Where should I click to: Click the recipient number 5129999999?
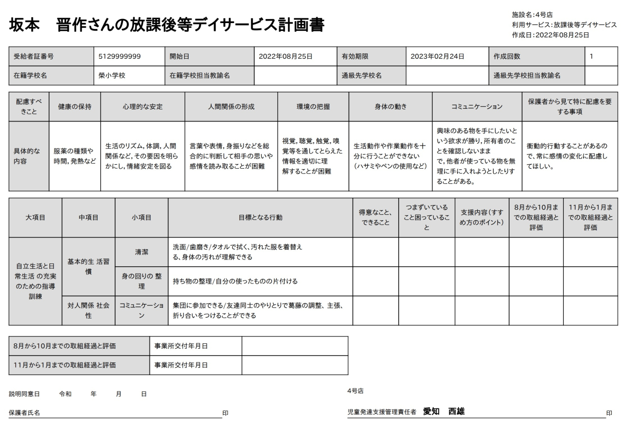(x=120, y=56)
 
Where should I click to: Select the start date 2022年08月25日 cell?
(x=286, y=56)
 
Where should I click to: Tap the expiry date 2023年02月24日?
(x=437, y=56)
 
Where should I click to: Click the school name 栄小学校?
(x=112, y=76)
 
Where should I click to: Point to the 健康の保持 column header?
(x=75, y=106)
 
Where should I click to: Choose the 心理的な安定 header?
(x=143, y=106)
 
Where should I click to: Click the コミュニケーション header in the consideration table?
(x=477, y=106)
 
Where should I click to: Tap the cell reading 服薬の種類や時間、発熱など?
(x=75, y=156)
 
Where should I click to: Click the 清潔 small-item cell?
(x=142, y=252)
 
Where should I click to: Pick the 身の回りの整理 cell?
(x=142, y=281)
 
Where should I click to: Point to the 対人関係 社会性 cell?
(x=88, y=310)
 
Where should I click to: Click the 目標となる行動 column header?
(x=260, y=218)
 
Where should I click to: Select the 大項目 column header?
(x=35, y=218)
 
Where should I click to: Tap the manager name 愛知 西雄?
(x=444, y=411)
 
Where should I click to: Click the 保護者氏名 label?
(x=24, y=413)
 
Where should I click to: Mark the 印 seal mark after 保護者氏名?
(x=225, y=413)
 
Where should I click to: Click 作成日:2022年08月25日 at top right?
(x=550, y=35)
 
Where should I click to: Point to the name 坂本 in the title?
(x=24, y=25)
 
